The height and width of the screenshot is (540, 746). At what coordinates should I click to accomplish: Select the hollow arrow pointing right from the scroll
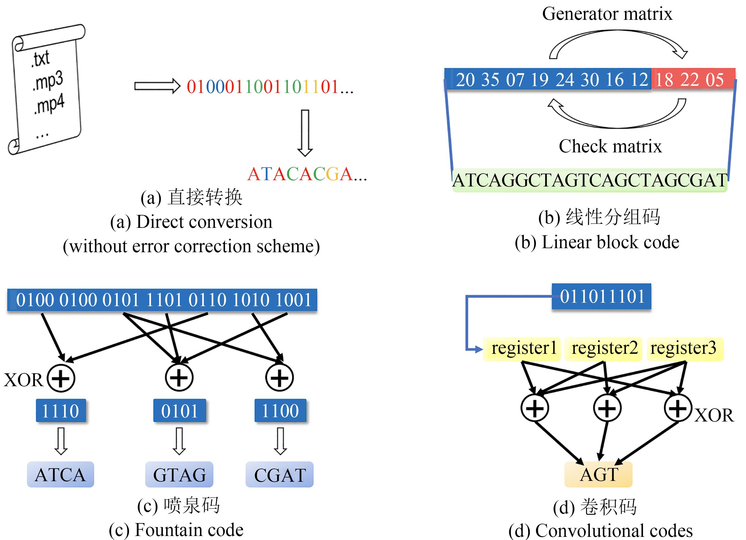click(157, 86)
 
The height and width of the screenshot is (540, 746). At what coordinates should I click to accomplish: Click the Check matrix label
click(610, 146)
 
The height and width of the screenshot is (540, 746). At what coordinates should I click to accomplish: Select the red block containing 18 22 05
click(693, 79)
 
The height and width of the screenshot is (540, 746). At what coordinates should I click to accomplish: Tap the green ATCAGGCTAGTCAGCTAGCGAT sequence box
click(590, 180)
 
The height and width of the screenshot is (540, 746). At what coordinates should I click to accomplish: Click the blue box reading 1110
click(61, 411)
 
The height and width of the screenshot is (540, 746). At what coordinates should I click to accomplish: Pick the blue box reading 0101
click(179, 411)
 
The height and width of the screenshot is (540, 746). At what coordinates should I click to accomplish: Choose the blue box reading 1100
click(280, 411)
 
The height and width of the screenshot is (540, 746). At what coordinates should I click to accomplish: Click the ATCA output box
click(61, 475)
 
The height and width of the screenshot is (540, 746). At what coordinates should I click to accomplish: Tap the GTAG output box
click(179, 475)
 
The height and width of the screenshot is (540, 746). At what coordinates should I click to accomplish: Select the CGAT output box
click(280, 475)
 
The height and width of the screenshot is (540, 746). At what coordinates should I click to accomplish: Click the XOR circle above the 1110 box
click(61, 378)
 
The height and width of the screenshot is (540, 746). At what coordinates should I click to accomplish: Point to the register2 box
click(604, 348)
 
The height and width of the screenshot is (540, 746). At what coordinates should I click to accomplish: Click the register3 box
click(685, 348)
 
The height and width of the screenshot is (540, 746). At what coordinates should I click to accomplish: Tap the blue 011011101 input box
click(601, 296)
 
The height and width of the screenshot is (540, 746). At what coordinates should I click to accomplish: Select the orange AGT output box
click(598, 474)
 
